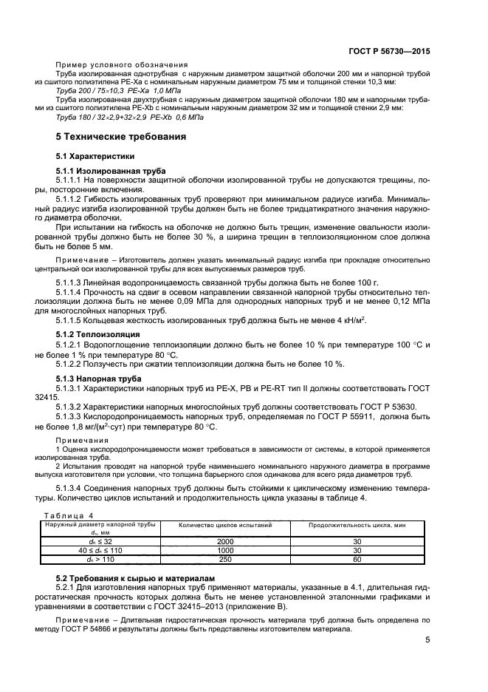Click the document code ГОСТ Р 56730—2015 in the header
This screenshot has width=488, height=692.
388,52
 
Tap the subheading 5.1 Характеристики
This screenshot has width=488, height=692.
95,157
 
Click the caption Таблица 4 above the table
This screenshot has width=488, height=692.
69,515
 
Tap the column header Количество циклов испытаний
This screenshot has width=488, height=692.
225,524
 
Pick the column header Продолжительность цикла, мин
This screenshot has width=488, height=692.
357,524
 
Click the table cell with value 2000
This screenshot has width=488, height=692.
225,541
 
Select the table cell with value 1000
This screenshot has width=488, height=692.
225,550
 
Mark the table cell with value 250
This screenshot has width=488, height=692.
225,559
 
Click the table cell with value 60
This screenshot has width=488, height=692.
357,559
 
